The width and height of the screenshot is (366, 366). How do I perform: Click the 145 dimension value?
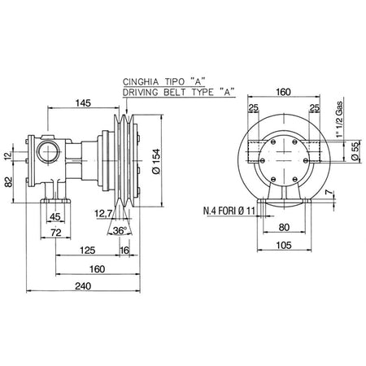point(83,103)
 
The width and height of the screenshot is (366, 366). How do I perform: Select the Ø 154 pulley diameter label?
point(156,161)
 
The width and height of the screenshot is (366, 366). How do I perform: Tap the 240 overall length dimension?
point(83,286)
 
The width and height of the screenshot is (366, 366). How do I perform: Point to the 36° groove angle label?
point(120,231)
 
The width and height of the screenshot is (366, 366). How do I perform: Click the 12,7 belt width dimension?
point(103,214)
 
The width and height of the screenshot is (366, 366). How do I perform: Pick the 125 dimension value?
point(88,250)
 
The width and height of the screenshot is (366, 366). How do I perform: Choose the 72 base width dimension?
point(56,233)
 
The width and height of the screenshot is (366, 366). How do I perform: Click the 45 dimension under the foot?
point(55,217)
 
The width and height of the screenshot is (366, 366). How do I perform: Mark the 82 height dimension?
point(9,181)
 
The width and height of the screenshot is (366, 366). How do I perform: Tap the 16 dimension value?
point(124,251)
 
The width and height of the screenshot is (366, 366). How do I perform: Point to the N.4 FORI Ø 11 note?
point(229,211)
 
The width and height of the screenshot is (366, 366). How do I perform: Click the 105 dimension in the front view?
point(284,246)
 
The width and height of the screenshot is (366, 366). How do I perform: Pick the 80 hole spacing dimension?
point(284,228)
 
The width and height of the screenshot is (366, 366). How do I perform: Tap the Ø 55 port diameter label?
point(357,150)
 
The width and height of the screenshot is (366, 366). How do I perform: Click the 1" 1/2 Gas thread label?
point(338,119)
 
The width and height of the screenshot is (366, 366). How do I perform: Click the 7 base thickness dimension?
point(329,192)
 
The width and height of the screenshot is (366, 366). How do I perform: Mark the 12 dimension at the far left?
point(9,155)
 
